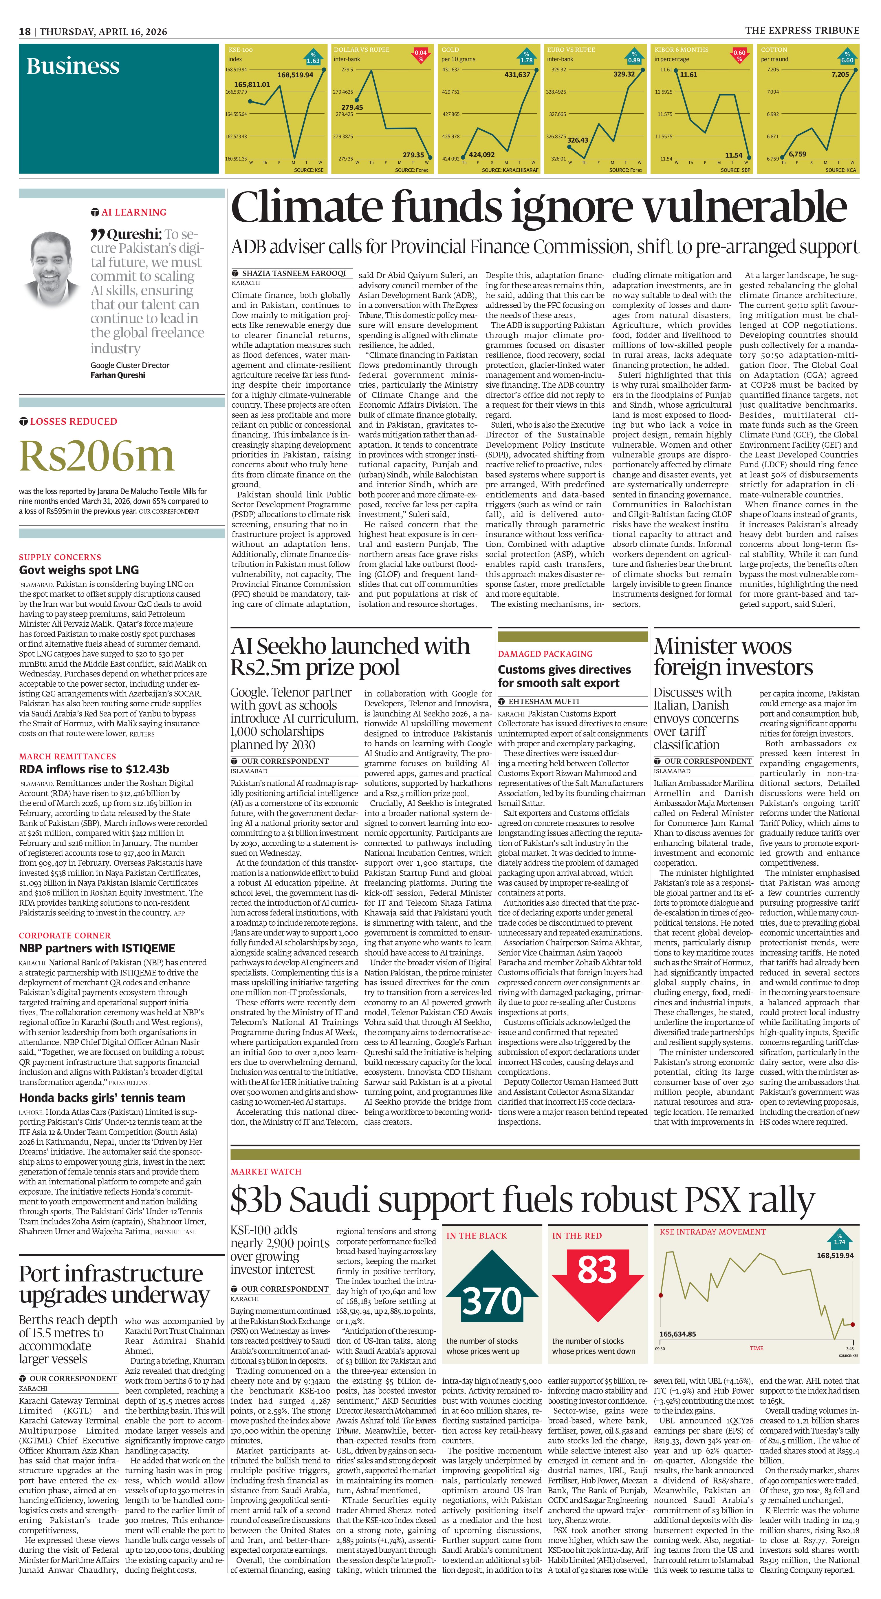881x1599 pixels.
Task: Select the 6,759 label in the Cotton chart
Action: click(797, 154)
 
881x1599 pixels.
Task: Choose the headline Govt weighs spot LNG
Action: click(79, 570)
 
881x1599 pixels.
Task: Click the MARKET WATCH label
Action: click(265, 1171)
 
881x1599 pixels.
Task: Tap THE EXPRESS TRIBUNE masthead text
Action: click(802, 30)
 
